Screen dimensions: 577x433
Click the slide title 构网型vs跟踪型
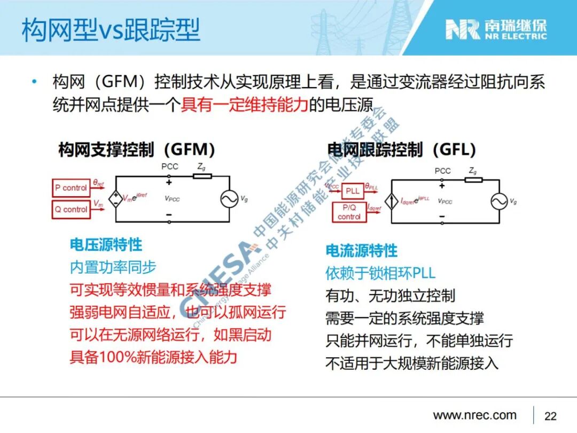click(x=111, y=30)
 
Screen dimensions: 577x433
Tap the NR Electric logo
click(x=496, y=29)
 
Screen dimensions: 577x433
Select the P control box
click(x=71, y=188)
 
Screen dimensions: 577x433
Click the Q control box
click(x=71, y=209)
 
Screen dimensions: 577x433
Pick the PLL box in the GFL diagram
click(x=353, y=191)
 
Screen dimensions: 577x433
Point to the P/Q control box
click(x=349, y=212)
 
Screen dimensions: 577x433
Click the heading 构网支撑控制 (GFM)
click(x=136, y=149)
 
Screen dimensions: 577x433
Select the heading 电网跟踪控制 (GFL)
click(x=401, y=149)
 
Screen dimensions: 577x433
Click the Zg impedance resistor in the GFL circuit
click(x=473, y=180)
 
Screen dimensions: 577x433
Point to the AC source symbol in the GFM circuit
click(x=229, y=199)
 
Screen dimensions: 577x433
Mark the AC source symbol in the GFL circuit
click(x=500, y=201)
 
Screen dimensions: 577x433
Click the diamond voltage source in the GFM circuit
click(x=115, y=199)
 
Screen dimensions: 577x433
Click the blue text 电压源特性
click(x=106, y=245)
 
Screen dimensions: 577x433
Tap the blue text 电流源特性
click(x=362, y=250)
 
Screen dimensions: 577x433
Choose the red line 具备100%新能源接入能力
click(x=153, y=357)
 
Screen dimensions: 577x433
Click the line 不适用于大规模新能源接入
click(x=411, y=363)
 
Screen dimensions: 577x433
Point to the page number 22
click(x=550, y=416)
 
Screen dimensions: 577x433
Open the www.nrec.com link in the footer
click(x=474, y=415)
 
